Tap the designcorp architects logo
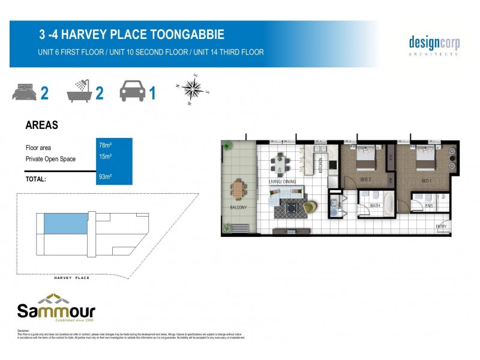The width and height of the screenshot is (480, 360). tap(434, 44)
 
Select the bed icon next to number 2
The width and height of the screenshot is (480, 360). tap(24, 93)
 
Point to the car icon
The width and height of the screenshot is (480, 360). tap(133, 92)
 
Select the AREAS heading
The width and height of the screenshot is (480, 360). tap(41, 125)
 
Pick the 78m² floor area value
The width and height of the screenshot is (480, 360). tap(105, 145)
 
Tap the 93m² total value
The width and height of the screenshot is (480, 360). tap(105, 177)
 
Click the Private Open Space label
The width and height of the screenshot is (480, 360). tap(51, 159)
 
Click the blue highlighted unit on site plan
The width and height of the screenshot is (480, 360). tap(64, 223)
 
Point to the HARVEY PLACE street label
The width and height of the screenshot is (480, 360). tap(71, 278)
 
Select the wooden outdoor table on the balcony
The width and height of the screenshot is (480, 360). tap(238, 190)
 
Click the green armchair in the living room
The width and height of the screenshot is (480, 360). tap(308, 208)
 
